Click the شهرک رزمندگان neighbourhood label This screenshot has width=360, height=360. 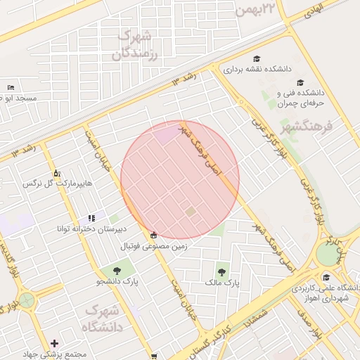click(136, 44)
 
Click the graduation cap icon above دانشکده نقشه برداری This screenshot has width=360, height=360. click(257, 58)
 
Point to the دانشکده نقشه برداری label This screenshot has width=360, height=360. click(257, 70)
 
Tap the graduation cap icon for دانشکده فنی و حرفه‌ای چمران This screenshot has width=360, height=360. click(300, 82)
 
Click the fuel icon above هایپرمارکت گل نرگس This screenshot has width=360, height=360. click(57, 173)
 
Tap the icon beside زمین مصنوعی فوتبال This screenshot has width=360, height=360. click(154, 235)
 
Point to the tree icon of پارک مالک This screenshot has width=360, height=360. click(222, 271)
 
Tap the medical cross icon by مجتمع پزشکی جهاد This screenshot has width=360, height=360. click(54, 343)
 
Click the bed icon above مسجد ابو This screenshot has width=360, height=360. click(10, 87)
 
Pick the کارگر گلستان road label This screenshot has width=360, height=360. click(206, 338)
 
